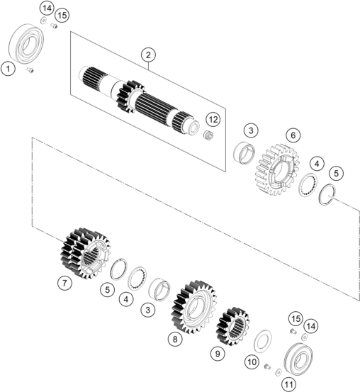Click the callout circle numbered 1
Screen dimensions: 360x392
point(8,69)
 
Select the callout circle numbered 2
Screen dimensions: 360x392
point(148,55)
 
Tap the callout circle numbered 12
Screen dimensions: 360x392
point(213,120)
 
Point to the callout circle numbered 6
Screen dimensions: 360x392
point(293,135)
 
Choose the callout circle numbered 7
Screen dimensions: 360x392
point(64,283)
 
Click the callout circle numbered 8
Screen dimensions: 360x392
point(175,339)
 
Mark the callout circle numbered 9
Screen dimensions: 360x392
point(218,354)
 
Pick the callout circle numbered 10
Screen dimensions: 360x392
point(252,362)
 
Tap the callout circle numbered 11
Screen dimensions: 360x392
point(288,384)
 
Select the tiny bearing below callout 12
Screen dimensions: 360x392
point(208,136)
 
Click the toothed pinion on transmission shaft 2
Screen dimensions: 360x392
point(130,96)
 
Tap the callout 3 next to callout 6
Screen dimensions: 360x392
point(251,130)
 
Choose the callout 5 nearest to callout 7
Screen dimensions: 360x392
point(107,290)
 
